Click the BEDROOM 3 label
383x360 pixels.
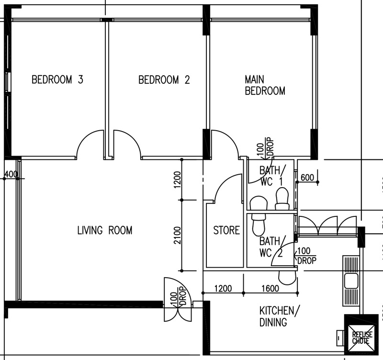click(x=57, y=79)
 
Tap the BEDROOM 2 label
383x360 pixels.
click(x=164, y=80)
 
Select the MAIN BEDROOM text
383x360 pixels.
click(x=265, y=85)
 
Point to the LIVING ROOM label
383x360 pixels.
click(x=105, y=230)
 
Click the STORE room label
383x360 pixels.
click(x=226, y=230)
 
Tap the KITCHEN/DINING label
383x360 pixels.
click(x=279, y=316)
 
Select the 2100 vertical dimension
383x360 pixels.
click(x=178, y=236)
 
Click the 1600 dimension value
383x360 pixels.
click(x=270, y=289)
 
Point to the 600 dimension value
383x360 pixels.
click(x=307, y=178)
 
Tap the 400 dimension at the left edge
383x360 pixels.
click(x=11, y=174)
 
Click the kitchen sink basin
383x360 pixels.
click(x=351, y=281)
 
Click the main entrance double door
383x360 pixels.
click(x=178, y=299)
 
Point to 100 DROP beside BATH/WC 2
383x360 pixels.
click(x=306, y=256)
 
